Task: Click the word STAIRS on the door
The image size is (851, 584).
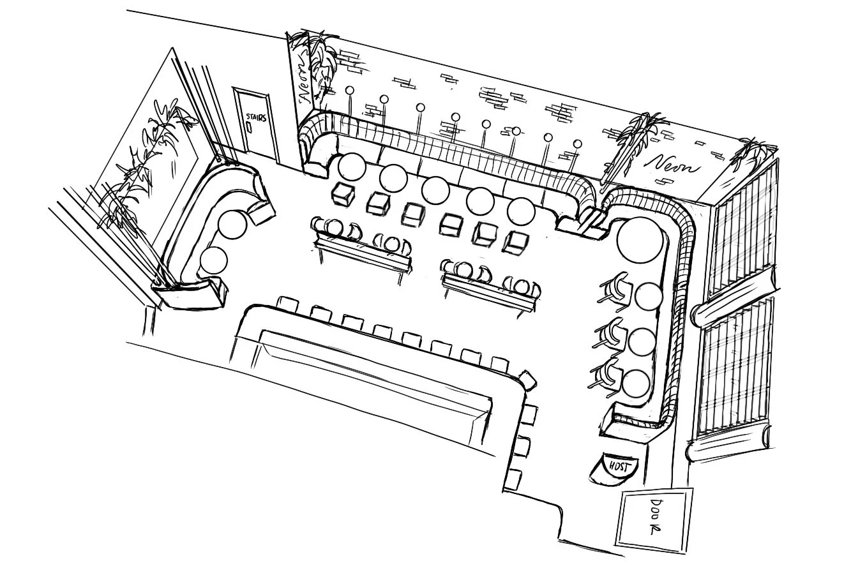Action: coord(256,117)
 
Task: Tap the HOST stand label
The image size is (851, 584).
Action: coord(619,467)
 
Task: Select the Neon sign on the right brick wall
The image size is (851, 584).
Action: coord(672,165)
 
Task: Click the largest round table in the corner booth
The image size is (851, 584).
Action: coord(640,239)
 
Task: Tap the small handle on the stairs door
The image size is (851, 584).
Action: coord(249,126)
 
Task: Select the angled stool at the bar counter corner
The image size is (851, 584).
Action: coord(527,380)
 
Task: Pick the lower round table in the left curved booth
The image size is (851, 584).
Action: coord(213,260)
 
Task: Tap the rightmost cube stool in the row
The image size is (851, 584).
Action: coord(515,241)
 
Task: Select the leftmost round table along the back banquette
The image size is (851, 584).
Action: coord(352,167)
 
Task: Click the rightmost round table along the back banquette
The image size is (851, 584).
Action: coord(521,212)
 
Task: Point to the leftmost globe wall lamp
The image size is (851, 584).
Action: coord(350,91)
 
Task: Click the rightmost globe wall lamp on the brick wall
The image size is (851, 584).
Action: coord(578,144)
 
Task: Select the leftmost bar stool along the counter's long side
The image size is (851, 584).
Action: coord(287,303)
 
